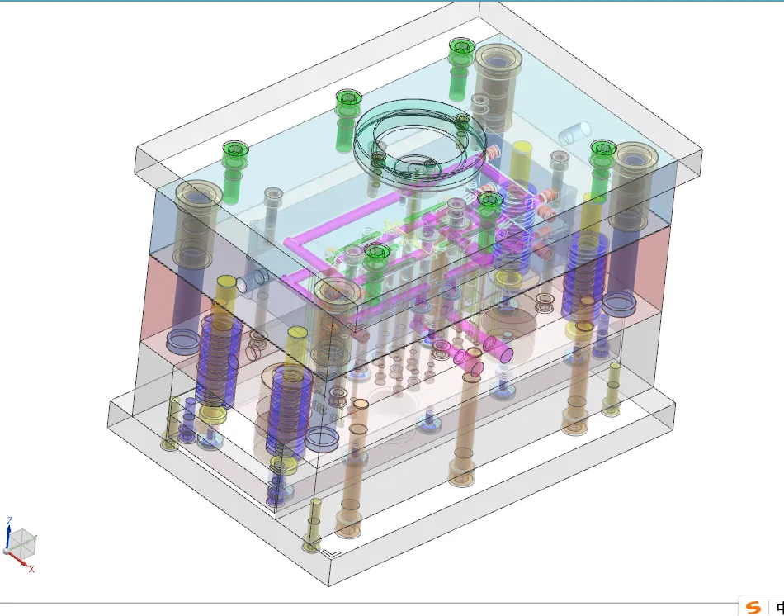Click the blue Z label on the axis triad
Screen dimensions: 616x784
(x=9, y=521)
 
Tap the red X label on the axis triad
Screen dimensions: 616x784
(x=31, y=569)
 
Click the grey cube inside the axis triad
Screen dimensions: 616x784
(x=24, y=542)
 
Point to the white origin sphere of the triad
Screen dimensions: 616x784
(x=7, y=551)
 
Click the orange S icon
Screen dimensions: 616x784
(x=753, y=608)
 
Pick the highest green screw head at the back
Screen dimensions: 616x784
(x=460, y=47)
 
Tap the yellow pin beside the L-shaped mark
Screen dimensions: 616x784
(x=313, y=525)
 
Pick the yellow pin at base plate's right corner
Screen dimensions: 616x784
(x=612, y=388)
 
